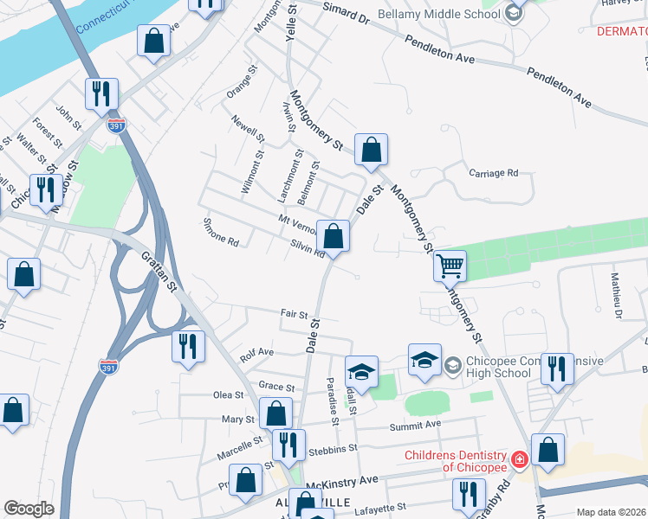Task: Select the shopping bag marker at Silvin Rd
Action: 333,235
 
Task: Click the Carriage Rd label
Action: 493,173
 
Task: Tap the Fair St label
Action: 294,315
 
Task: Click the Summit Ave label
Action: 421,424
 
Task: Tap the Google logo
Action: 29,508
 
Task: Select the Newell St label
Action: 247,127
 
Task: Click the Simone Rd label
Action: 220,240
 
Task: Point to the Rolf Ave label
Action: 256,353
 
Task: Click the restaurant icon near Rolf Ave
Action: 188,347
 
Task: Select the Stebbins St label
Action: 333,449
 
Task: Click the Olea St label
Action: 229,394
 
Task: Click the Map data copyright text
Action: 610,512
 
